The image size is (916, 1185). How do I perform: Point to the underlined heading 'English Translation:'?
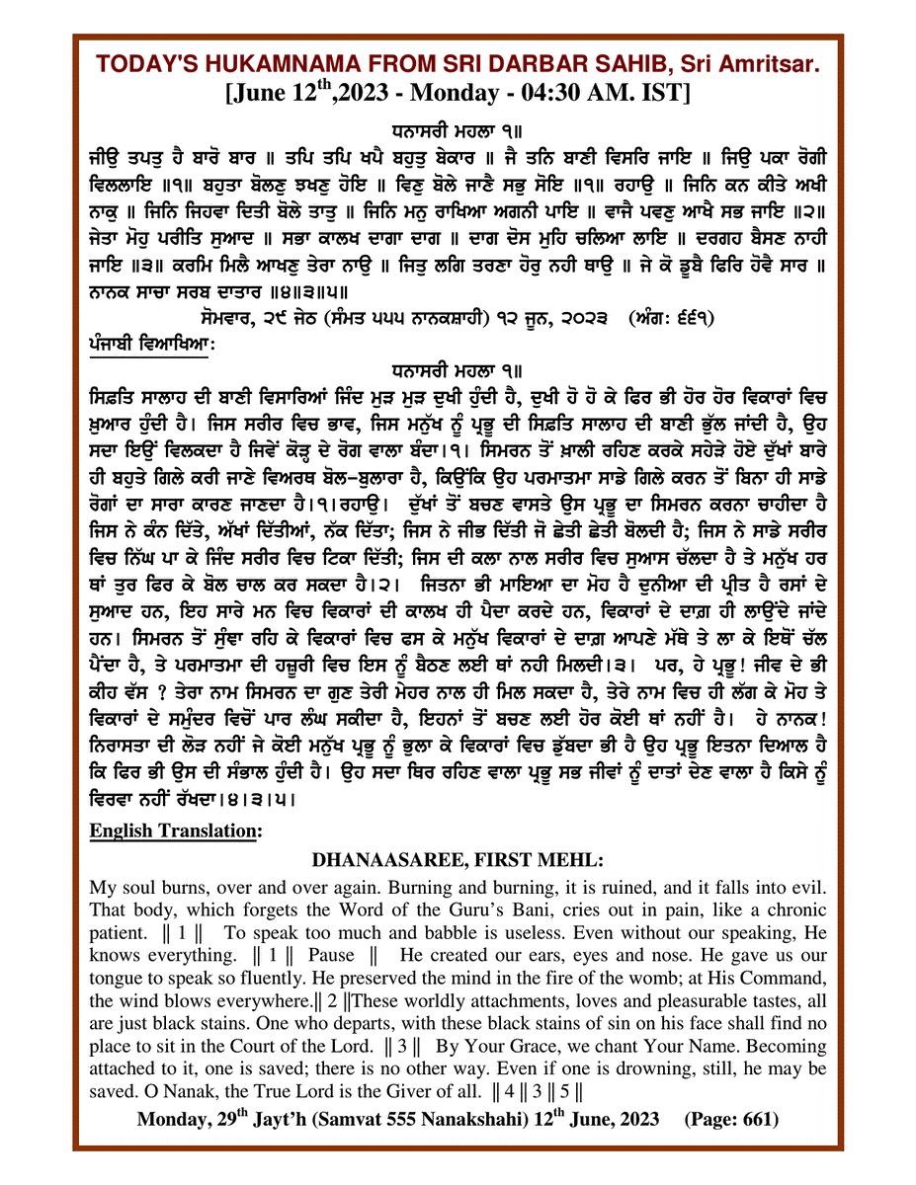(x=176, y=831)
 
